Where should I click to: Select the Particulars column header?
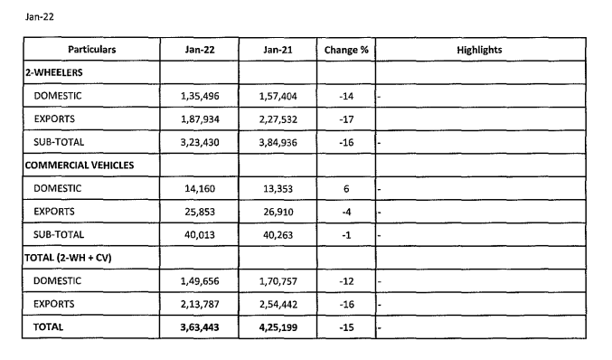pos(90,50)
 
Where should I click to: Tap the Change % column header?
pos(346,50)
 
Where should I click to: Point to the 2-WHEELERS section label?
pos(56,71)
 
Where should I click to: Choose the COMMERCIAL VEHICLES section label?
pos(80,166)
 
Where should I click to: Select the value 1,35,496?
pos(200,95)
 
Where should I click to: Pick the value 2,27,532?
pos(278,118)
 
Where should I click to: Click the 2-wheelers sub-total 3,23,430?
pos(200,142)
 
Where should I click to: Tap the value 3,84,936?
pos(278,142)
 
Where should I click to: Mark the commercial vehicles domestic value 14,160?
pos(200,189)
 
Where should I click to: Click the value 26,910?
pos(278,213)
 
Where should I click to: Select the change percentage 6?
pos(346,189)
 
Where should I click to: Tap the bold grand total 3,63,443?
pos(200,327)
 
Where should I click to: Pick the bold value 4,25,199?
pos(278,327)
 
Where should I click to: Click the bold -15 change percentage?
pos(346,327)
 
